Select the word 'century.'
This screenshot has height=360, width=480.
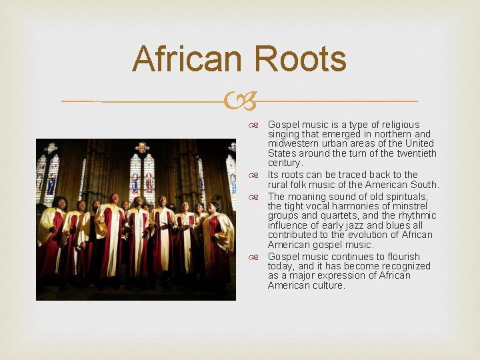(x=285, y=163)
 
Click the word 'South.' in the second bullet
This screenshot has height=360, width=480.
(x=425, y=185)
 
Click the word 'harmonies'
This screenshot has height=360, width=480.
(x=355, y=206)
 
